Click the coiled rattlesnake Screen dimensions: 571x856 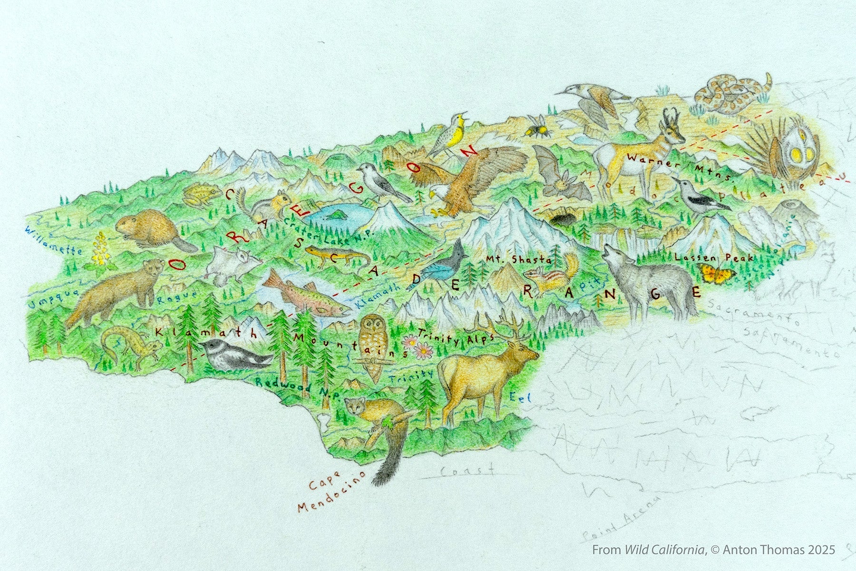coord(728,93)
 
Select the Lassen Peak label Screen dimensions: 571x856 coord(714,257)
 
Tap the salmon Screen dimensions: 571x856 coord(304,295)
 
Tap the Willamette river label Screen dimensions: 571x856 coord(55,240)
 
